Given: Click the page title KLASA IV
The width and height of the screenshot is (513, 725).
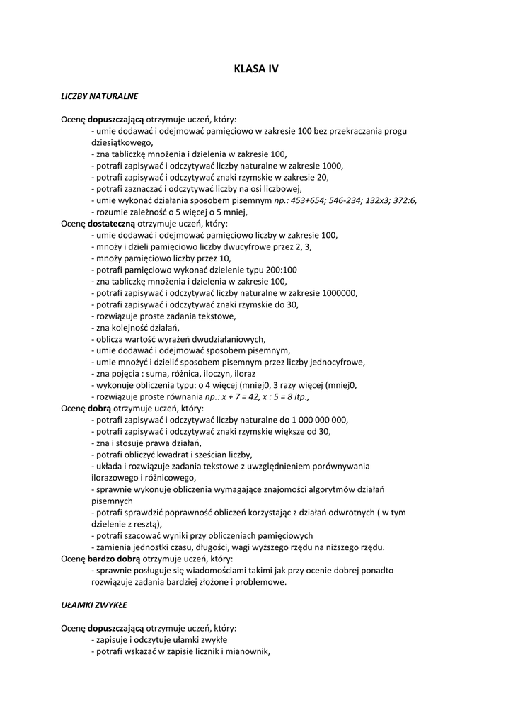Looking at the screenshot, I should pyautogui.click(x=256, y=69).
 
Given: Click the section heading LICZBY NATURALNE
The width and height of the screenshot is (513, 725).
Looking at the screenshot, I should pyautogui.click(x=99, y=95).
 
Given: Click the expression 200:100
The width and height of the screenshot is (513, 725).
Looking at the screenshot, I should pyautogui.click(x=282, y=270).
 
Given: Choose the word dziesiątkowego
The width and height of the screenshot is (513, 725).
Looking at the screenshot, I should pyautogui.click(x=122, y=142).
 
